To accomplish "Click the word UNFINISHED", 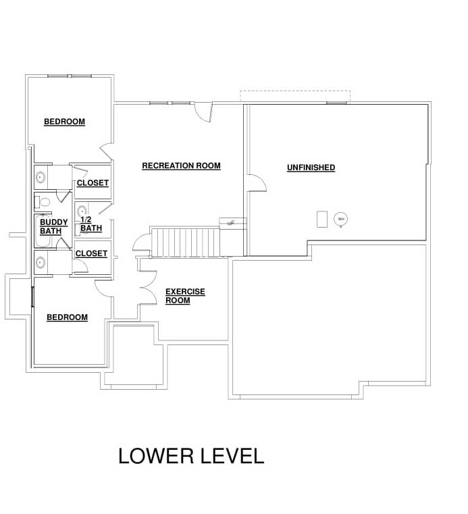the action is coord(311,168).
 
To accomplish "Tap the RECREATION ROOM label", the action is coord(181,166).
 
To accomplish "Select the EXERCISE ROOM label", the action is coord(185,296).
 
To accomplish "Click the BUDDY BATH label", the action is coord(54,226).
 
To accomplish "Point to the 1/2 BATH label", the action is coord(91,224).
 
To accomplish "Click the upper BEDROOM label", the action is coord(65,122).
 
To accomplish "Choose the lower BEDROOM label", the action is coord(67,317).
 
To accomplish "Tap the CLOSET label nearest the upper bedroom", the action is coord(93,183).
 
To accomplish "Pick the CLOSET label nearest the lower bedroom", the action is coord(91,254).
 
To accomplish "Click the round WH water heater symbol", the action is coord(341,219).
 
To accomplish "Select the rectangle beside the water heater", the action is coord(322,219).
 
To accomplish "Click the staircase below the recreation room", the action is coord(185,242).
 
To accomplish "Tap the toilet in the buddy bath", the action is coord(42,202).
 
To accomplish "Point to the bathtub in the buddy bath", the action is coord(43,231).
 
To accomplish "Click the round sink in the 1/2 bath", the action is coord(82,211).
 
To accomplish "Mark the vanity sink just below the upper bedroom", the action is coord(41,178).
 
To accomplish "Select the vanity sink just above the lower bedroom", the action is coord(41,262).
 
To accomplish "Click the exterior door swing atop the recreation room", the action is coord(203,112).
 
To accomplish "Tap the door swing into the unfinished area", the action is coord(257,182).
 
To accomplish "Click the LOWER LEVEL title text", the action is coord(191,456).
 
